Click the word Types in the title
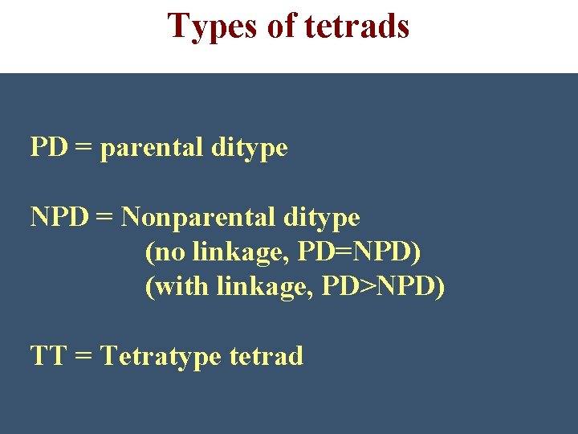212,27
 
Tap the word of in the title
281,27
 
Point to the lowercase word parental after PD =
149,149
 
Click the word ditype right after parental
249,149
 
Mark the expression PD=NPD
357,252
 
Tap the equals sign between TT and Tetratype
83,355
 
